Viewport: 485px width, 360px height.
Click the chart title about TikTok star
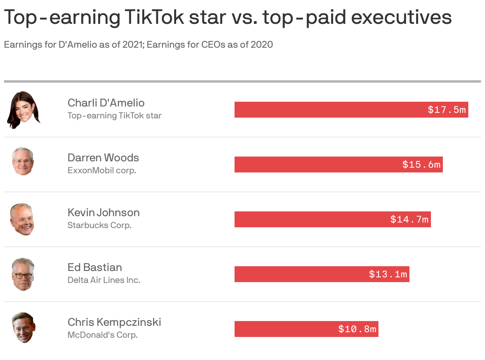[227, 17]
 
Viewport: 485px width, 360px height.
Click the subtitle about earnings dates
[138, 45]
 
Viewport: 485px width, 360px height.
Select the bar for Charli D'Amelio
[330, 110]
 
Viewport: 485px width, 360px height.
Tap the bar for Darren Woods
[318, 165]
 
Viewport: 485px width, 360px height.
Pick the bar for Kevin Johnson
[310, 219]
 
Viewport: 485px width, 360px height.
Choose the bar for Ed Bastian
[298, 274]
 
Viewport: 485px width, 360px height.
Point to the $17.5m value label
[446, 110]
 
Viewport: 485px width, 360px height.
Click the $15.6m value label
[421, 165]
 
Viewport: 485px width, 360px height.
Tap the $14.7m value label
[409, 219]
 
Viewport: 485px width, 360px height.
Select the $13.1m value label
[388, 274]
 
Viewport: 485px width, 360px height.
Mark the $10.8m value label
[357, 329]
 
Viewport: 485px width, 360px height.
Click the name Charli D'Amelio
[106, 103]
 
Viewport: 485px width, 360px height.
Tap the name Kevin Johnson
[104, 213]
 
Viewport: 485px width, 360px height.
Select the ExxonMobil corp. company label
[102, 170]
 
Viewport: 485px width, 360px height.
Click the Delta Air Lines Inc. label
[104, 280]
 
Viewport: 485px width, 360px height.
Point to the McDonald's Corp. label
[103, 335]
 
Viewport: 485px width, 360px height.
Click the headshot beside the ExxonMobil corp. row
[23, 161]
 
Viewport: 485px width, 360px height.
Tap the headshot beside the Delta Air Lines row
[23, 274]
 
